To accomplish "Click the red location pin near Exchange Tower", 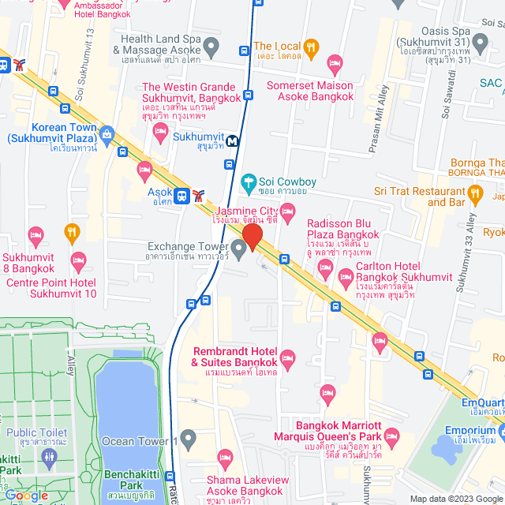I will pos(252,235).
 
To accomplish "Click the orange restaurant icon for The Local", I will pos(311,48).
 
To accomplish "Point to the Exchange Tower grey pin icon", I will pos(239,250).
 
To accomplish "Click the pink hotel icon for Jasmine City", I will pos(289,210).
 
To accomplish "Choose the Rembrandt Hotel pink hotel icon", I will pos(288,357).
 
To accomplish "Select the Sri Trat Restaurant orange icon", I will pos(474,192).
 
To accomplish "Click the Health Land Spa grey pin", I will pos(243,52).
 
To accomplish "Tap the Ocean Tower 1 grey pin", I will pos(188,436).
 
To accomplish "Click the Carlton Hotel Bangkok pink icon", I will pos(346,277).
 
